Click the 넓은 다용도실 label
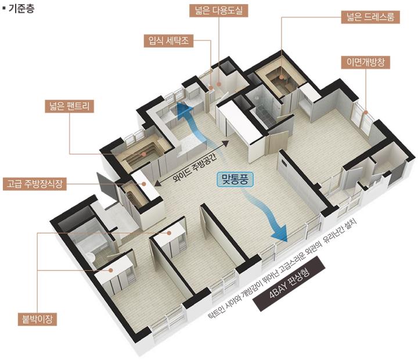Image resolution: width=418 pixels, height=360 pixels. tap(219, 11)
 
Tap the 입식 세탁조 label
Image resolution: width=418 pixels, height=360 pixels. tap(168, 41)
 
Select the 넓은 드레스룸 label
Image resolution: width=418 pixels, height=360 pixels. tap(370, 17)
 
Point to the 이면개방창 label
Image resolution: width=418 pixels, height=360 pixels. tap(366, 62)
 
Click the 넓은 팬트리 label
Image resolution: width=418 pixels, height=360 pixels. tap(69, 106)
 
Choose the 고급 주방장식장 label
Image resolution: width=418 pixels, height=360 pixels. tap(35, 183)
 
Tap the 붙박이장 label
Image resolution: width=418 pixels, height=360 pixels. tap(37, 319)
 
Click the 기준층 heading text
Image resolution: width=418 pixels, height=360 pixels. tap(21, 9)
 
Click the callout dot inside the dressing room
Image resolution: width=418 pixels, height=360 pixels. tap(282, 77)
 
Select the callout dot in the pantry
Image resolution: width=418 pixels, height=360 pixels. tap(144, 154)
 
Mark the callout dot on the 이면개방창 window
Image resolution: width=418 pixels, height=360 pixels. tap(366, 112)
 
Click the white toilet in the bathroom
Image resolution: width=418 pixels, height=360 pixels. tap(91, 257)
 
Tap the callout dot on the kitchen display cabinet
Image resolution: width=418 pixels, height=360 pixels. tap(144, 183)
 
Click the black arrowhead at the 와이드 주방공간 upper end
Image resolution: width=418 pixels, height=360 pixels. tap(225, 143)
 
